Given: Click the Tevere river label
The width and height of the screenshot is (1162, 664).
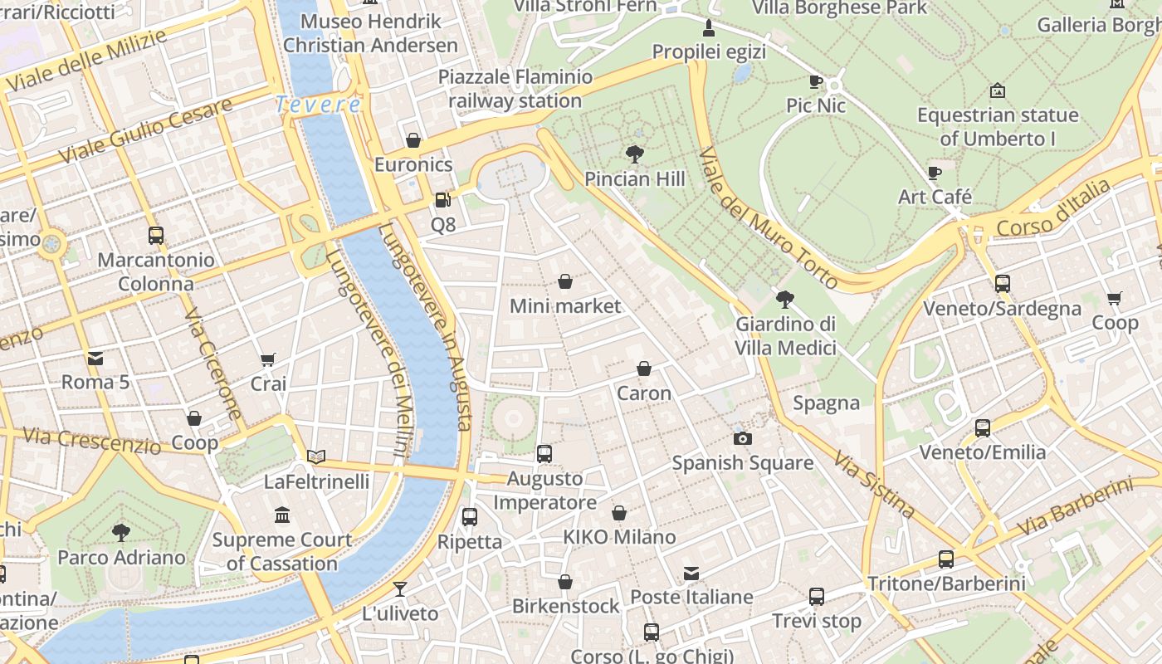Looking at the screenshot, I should (318, 105).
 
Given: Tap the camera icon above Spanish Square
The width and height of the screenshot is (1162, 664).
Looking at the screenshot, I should (743, 438).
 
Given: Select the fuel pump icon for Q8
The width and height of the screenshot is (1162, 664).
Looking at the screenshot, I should (442, 199).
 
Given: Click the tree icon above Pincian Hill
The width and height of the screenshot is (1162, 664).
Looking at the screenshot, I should (635, 154).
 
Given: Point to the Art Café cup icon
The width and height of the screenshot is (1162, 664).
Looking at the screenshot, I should (935, 173).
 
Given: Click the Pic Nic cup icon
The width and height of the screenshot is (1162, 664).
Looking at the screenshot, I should (816, 81).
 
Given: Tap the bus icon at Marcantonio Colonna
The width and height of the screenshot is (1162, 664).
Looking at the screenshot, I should (156, 235).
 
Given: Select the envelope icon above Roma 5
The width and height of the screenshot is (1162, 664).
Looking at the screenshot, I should (95, 358).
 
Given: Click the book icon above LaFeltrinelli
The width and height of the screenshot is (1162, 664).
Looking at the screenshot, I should (316, 456).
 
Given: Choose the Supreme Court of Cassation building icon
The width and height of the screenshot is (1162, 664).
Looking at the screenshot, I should (282, 515).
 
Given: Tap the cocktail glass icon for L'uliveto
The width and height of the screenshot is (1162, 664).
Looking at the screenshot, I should (400, 588).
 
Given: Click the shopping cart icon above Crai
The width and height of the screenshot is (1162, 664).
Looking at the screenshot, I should (268, 359).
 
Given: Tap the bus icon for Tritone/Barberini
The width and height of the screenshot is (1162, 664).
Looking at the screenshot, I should (946, 559).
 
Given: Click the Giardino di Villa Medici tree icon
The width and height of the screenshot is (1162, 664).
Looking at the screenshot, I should (785, 299).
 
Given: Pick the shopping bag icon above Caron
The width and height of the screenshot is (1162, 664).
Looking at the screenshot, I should (644, 369).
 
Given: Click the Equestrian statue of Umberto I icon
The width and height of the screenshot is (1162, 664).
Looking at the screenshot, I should (998, 90).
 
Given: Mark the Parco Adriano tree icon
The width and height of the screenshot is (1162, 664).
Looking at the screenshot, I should (121, 532).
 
